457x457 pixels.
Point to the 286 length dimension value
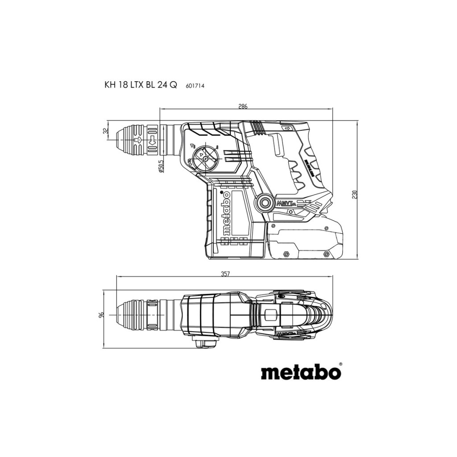[243, 106]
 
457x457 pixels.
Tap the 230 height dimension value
[354, 195]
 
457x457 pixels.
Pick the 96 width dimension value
[101, 315]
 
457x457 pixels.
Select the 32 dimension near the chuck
[106, 131]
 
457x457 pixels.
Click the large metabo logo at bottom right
[301, 372]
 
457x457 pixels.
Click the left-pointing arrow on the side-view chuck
[138, 140]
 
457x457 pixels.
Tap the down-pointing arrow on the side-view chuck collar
[153, 141]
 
